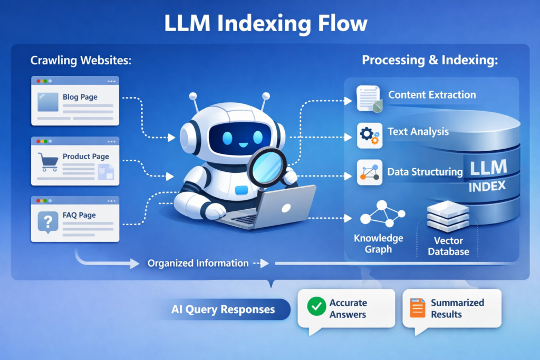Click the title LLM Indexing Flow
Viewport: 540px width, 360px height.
(x=269, y=24)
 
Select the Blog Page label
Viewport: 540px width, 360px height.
(x=80, y=97)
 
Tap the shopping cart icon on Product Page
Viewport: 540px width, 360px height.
(x=47, y=161)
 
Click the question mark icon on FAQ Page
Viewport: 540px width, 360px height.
(x=47, y=220)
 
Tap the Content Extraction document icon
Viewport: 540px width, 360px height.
(x=369, y=98)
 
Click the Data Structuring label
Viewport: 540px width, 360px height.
(x=425, y=172)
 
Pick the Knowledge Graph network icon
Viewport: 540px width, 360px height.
(x=382, y=214)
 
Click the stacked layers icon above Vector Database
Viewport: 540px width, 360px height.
(x=448, y=216)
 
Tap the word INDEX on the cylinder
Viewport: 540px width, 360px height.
(x=486, y=186)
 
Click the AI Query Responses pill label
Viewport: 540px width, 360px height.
(x=223, y=309)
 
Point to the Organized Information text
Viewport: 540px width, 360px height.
(x=198, y=263)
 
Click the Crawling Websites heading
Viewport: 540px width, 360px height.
(x=81, y=61)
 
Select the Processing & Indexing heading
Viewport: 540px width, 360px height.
(x=430, y=61)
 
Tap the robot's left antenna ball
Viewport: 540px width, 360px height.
(x=193, y=96)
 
